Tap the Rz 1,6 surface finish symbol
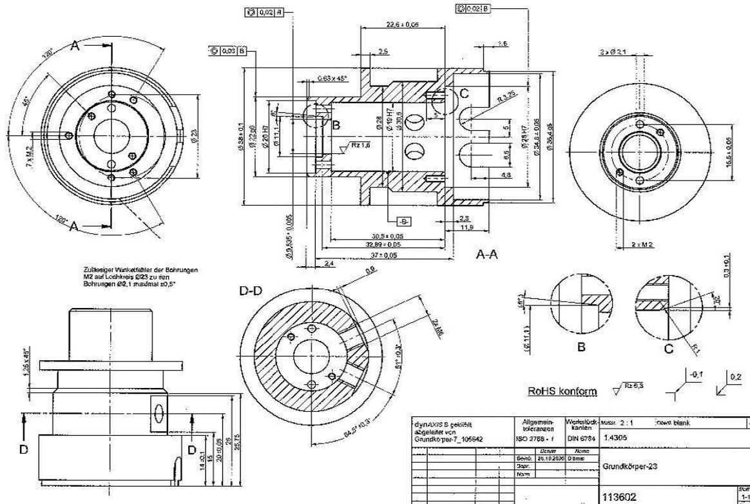pyautogui.click(x=361, y=146)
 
